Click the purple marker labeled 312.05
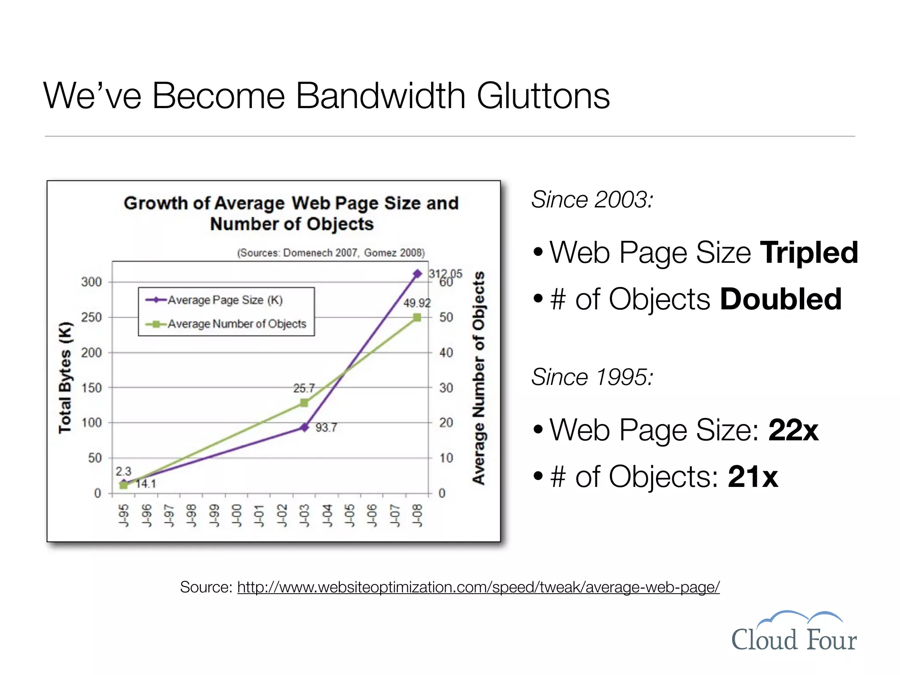(x=417, y=274)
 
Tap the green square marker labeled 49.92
(x=417, y=317)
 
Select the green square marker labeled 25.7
(x=304, y=403)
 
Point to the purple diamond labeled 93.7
(x=304, y=427)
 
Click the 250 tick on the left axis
(x=91, y=317)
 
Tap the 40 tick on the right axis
(x=446, y=352)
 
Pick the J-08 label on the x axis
(x=417, y=515)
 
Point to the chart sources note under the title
(x=331, y=253)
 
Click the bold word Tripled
(x=809, y=253)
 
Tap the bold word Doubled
(x=780, y=299)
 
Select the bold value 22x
(x=793, y=430)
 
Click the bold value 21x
(x=753, y=476)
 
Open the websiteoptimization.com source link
(x=478, y=587)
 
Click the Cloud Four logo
(x=794, y=632)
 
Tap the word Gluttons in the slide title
(x=543, y=96)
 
